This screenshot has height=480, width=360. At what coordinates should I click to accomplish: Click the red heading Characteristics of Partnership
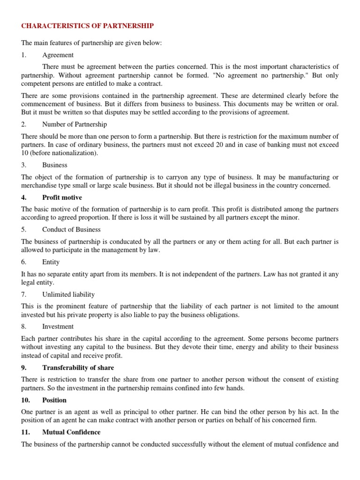point(88,26)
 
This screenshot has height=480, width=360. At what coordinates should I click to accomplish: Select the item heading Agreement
point(58,55)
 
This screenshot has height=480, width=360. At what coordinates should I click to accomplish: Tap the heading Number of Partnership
point(75,125)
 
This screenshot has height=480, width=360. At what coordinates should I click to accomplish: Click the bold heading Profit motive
point(62,197)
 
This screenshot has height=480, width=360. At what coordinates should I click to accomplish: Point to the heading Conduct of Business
point(71,230)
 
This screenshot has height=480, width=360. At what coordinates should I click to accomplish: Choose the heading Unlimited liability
point(68,294)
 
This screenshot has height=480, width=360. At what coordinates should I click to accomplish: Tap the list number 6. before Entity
point(24,262)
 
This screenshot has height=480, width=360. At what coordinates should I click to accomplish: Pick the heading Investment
point(58,327)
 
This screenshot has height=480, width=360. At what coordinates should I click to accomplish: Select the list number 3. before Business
point(24,165)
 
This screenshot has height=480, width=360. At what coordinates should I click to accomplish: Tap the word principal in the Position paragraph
point(135,412)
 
